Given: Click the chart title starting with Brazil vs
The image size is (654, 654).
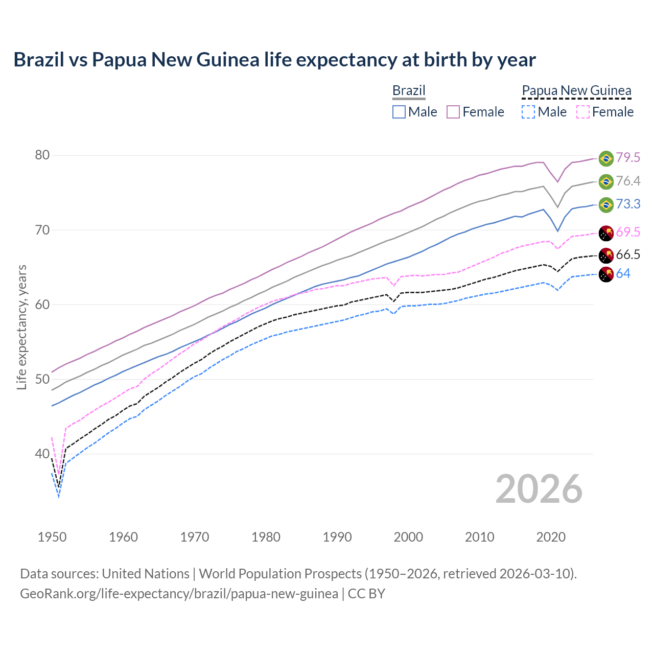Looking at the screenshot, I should [274, 60].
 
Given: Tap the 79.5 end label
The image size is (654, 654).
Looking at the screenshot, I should [628, 158].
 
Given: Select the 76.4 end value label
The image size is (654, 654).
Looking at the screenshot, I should [628, 181].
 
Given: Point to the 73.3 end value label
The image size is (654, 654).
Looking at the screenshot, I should [628, 204].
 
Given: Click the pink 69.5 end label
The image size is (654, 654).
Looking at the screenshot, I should [628, 232].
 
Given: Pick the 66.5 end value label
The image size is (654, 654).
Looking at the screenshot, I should [628, 255].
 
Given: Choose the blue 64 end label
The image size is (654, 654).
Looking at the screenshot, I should [623, 274].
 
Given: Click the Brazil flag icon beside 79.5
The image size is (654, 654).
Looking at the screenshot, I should [606, 158].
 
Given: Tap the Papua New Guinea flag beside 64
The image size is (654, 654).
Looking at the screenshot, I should [606, 274].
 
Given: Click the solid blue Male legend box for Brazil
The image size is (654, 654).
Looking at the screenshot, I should [399, 112].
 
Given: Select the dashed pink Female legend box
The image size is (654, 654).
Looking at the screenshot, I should [583, 112].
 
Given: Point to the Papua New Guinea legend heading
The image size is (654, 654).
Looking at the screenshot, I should [576, 91].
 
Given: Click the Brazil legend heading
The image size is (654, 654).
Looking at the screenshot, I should [409, 91].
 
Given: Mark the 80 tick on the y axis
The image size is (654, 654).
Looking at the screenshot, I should [42, 155].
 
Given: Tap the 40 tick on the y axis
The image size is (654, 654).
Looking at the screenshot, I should [42, 454].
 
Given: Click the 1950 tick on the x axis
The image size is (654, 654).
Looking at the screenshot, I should [52, 537].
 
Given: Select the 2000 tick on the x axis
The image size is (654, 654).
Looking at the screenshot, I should [408, 537].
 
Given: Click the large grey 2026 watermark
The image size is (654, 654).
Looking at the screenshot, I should [539, 489].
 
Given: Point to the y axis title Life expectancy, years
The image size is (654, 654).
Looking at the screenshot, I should [21, 327].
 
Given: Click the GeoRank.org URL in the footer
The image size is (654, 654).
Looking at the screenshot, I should [179, 594].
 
